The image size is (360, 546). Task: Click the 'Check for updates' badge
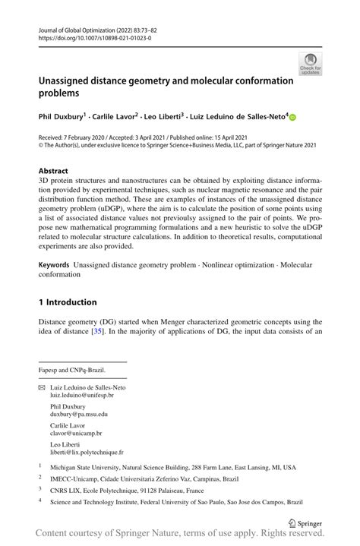(x=309, y=65)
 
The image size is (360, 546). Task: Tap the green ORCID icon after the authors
(x=292, y=118)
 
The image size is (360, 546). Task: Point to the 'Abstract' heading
(x=53, y=171)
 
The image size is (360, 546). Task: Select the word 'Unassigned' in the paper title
(x=71, y=80)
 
